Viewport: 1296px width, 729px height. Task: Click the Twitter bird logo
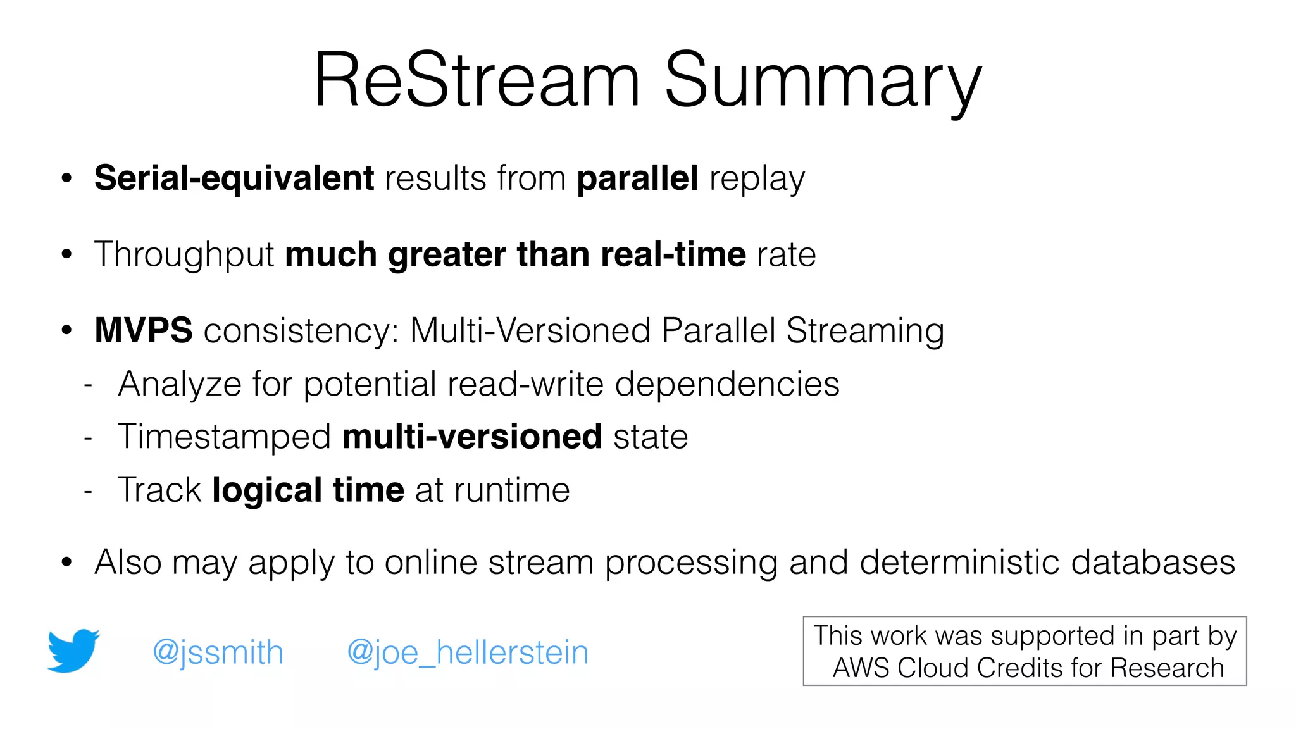coord(73,651)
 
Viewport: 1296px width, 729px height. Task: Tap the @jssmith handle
coord(218,652)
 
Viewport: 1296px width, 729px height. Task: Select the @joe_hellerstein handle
coord(468,652)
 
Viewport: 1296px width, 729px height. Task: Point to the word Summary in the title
coord(823,81)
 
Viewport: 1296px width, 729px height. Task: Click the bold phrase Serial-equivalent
coord(234,178)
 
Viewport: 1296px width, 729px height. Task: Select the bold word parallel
coord(637,178)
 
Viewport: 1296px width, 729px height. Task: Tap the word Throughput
coord(184,254)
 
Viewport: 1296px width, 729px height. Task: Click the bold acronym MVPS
coord(144,330)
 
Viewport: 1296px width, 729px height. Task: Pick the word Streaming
coord(864,330)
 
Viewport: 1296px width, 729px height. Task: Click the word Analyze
coord(180,384)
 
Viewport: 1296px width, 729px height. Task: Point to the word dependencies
coord(727,384)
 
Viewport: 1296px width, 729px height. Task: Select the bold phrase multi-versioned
coord(472,437)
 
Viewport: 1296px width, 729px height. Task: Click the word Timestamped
coord(225,437)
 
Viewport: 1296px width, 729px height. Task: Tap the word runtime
coord(512,490)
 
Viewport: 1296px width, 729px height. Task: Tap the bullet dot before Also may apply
coord(67,562)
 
